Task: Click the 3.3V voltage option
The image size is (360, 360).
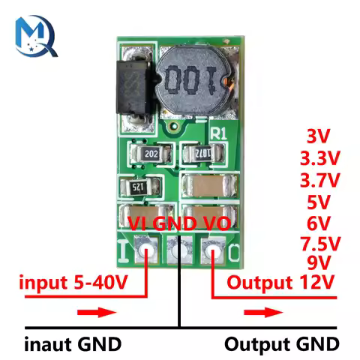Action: [319, 159]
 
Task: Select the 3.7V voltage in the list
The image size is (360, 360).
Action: [319, 180]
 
